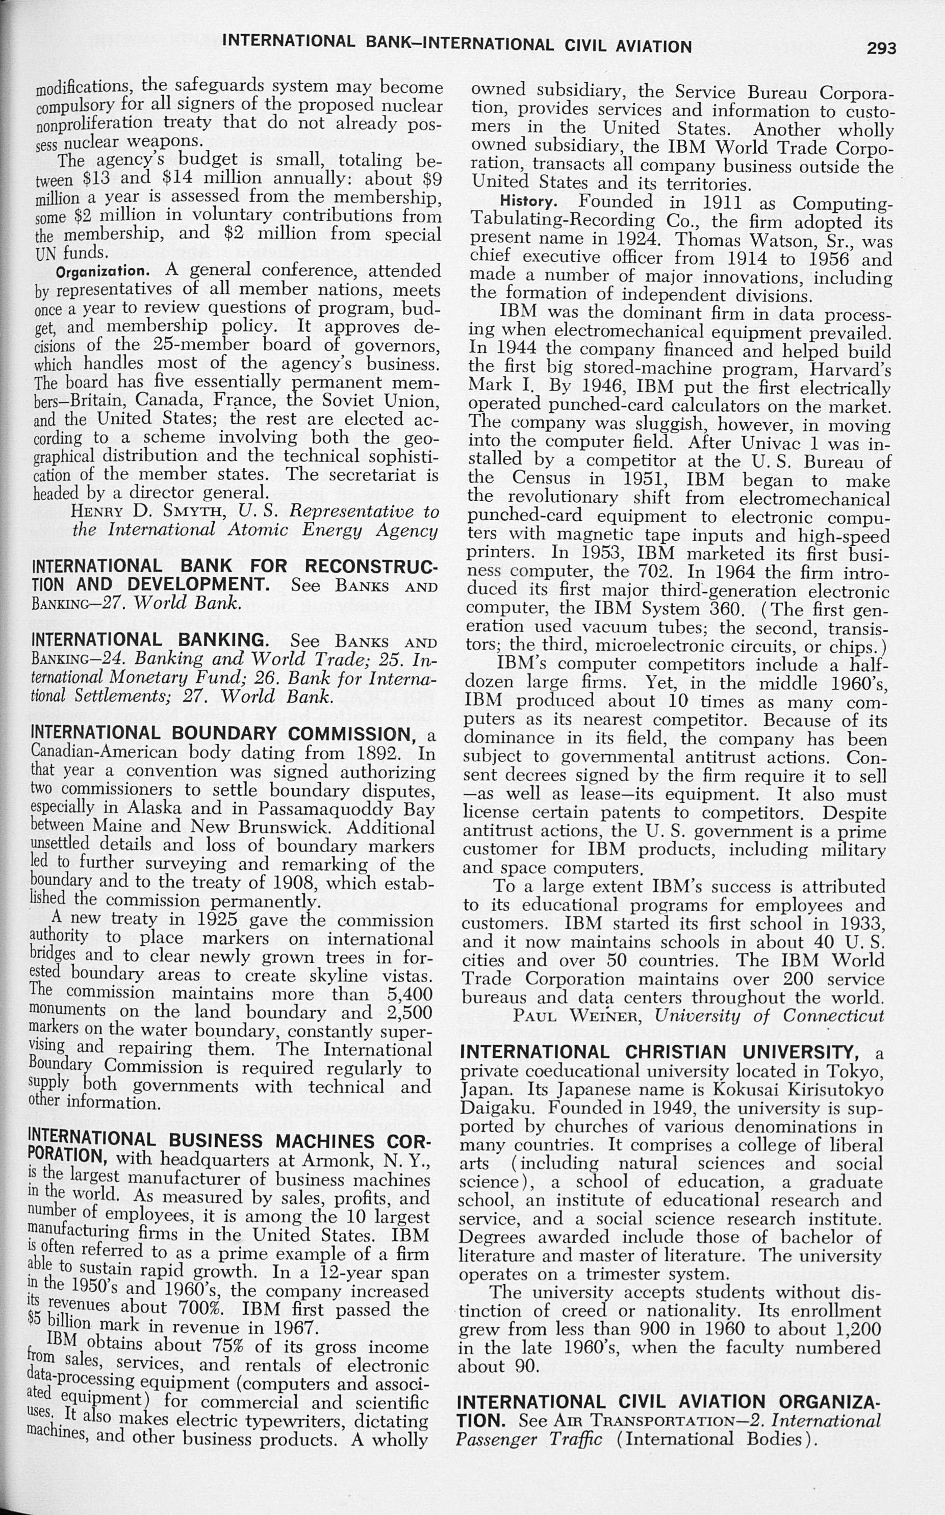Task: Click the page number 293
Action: pyautogui.click(x=881, y=48)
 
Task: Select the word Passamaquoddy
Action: pyautogui.click(x=326, y=809)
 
